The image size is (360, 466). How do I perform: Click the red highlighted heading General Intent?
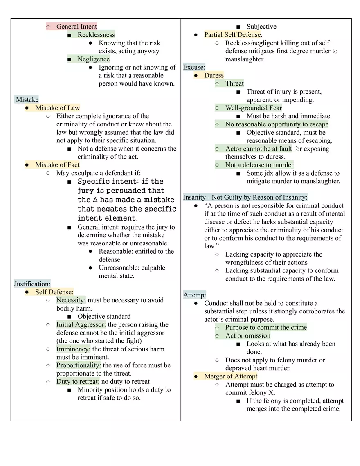coord(76,27)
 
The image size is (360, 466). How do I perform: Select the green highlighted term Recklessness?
coord(96,35)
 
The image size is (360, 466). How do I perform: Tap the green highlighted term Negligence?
coord(94,59)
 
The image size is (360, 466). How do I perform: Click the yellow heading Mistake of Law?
coord(57,108)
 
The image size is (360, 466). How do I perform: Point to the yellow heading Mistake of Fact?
coord(57,165)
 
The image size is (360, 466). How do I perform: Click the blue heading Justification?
coord(32,284)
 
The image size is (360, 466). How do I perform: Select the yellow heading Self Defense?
coord(54,292)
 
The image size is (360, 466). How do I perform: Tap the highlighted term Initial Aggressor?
coord(81,324)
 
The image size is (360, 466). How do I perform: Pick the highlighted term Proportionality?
coord(79,365)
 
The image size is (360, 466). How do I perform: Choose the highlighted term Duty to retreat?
coord(78,382)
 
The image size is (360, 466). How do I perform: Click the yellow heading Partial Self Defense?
coord(232,35)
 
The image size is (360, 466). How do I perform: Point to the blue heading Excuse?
coord(194,67)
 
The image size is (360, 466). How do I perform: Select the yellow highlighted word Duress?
coord(214,75)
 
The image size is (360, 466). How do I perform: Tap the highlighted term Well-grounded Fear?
coord(254,108)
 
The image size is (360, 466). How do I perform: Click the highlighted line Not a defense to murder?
coord(259,165)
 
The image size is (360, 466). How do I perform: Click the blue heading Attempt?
coord(195,295)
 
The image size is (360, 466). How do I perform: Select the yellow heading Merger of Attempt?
coord(231,376)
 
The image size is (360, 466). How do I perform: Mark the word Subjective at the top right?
coord(261,27)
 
